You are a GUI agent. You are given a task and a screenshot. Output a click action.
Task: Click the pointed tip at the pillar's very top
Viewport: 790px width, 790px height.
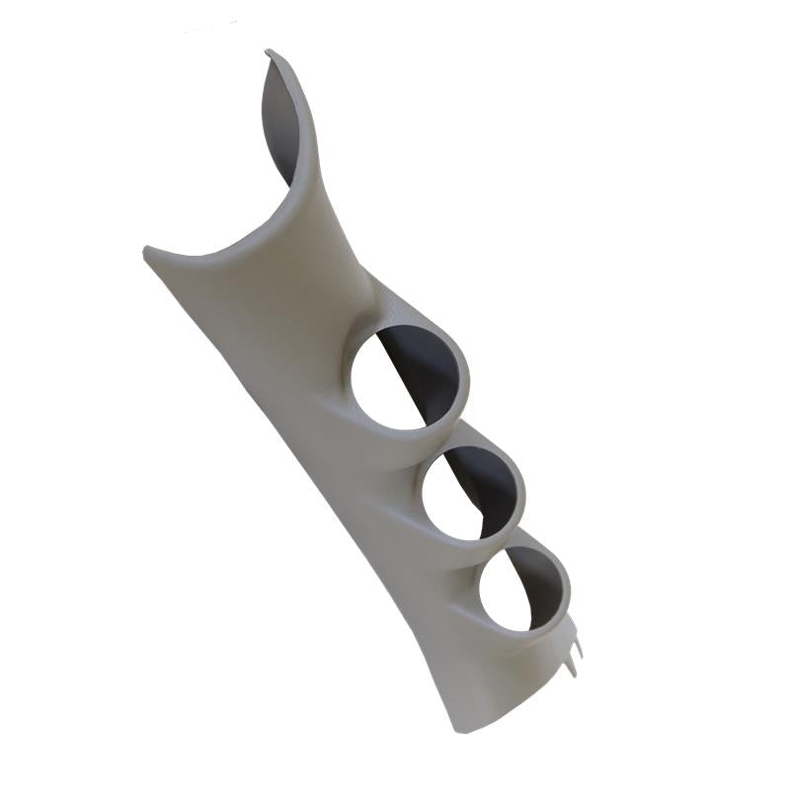coord(269,52)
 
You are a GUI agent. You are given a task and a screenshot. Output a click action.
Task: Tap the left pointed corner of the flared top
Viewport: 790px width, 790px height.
coord(146,250)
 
